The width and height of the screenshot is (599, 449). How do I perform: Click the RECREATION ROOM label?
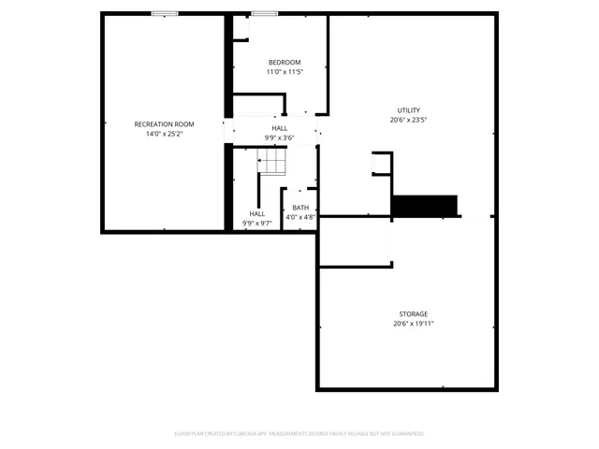[164, 124]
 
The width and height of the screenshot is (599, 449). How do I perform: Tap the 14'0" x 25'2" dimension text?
[164, 134]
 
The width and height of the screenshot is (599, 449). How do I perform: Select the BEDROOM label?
[284, 63]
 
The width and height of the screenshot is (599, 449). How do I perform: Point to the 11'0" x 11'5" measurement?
[284, 72]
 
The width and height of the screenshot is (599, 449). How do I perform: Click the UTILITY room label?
[408, 110]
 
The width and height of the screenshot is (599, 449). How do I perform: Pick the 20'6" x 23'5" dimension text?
[408, 120]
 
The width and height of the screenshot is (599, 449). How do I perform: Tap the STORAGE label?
[413, 314]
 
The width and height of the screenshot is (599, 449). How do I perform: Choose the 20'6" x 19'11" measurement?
[413, 324]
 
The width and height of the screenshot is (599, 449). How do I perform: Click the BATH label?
[300, 208]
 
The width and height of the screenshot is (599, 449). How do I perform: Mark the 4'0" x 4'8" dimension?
[300, 217]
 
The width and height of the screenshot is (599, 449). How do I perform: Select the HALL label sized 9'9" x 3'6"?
[280, 128]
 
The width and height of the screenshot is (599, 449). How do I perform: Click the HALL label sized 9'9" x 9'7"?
[256, 213]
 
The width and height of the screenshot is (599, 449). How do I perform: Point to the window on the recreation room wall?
[165, 13]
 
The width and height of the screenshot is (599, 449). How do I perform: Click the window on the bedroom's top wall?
[264, 13]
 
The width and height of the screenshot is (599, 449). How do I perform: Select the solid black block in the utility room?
[424, 205]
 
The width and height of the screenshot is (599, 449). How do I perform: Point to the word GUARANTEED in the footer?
[406, 433]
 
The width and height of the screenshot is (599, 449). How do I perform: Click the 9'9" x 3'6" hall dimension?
[280, 138]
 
